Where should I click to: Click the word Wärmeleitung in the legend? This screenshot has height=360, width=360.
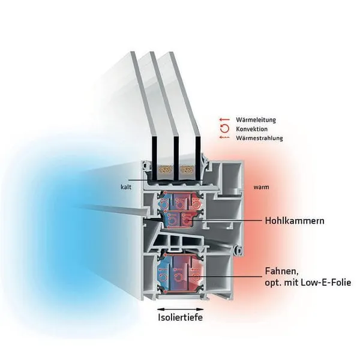tap(256, 120)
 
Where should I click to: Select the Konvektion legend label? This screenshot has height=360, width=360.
tap(252, 129)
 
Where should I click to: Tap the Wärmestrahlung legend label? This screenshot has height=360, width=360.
tap(259, 138)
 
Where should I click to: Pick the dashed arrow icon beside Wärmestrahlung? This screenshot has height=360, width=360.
tap(225, 138)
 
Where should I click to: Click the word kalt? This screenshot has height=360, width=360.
tap(125, 187)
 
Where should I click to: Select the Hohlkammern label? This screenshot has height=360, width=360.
tap(295, 221)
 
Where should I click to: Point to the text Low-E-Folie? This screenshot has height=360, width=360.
tap(329, 281)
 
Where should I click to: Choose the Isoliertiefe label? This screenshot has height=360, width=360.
tap(179, 317)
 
